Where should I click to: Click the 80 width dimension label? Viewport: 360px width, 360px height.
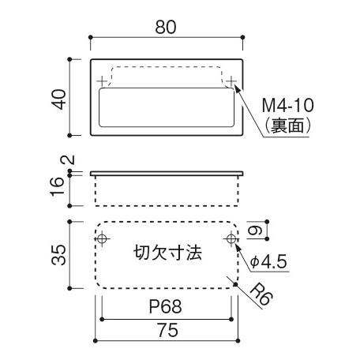(166, 27)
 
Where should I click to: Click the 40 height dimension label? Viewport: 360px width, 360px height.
(59, 99)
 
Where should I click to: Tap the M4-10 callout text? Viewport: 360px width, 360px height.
(288, 105)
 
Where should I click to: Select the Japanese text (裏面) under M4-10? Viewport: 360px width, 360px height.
(288, 126)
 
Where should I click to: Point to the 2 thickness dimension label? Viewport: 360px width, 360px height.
(68, 160)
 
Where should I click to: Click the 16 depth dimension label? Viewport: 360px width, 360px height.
(58, 186)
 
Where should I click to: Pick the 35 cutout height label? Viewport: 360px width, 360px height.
(58, 254)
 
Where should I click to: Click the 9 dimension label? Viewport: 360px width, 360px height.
(256, 231)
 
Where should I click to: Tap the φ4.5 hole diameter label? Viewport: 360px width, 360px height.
(268, 262)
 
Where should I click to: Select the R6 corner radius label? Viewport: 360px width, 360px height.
(261, 294)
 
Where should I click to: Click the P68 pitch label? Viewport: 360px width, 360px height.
(166, 306)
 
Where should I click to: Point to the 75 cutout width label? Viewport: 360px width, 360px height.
(167, 330)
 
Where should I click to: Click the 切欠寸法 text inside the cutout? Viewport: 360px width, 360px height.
(167, 253)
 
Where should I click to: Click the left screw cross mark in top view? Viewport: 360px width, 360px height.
(102, 81)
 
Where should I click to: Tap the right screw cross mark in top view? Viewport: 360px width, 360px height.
(231, 81)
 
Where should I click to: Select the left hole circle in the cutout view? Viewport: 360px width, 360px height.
(102, 239)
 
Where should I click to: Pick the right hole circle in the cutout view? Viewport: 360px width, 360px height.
(231, 239)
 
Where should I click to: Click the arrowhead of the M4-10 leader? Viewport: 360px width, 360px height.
(238, 89)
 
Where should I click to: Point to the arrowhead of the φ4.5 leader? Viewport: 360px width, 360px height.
(238, 248)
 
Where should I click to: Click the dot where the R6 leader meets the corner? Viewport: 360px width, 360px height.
(235, 284)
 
